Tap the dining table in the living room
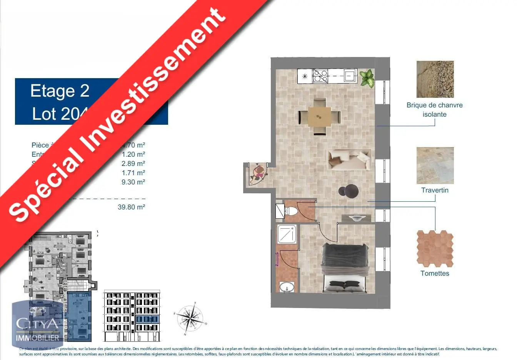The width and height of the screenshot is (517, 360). (x=319, y=116)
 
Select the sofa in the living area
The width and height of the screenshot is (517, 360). (x=349, y=159)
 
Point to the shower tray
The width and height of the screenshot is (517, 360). (x=287, y=234)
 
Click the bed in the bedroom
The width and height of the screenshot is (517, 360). (x=345, y=268)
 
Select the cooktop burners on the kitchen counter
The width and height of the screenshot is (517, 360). (x=320, y=76)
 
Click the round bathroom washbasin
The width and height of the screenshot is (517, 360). (x=287, y=287)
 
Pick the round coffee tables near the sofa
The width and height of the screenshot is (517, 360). (x=349, y=191)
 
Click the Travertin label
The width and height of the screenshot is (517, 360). (x=435, y=190)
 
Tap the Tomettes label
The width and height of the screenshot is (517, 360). (x=435, y=273)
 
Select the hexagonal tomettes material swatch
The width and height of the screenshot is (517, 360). (x=435, y=248)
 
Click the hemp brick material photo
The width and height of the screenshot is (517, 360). (x=435, y=79)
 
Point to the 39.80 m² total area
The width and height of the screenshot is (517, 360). (x=131, y=207)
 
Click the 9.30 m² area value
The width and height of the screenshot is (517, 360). (x=133, y=182)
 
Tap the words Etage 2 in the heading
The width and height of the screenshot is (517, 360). (x=60, y=91)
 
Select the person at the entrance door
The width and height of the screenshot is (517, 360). (x=258, y=174)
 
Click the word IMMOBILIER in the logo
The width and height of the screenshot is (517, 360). (x=38, y=338)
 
